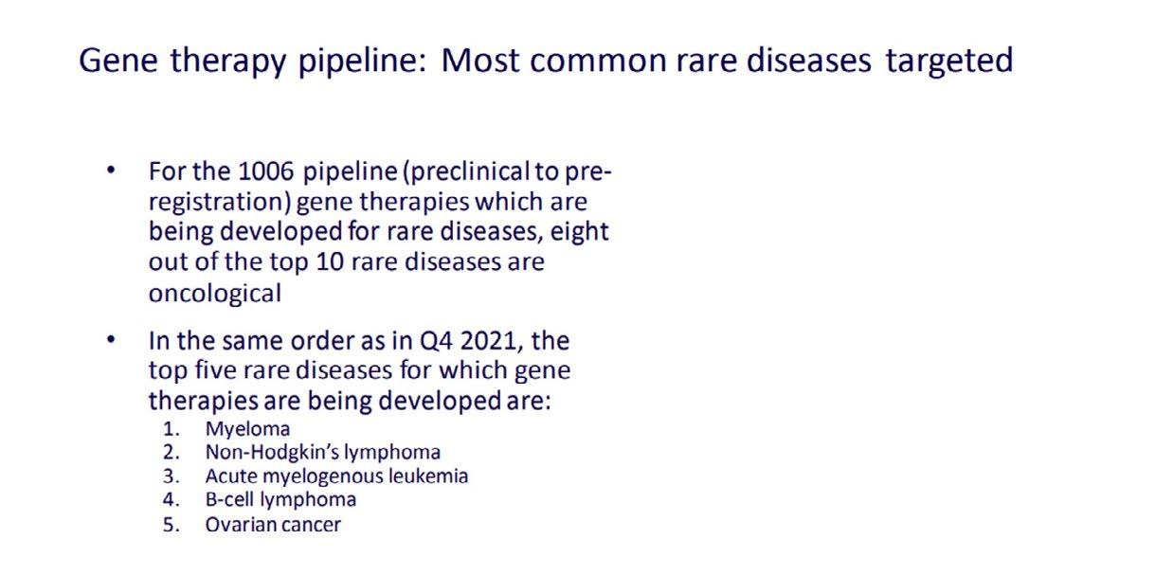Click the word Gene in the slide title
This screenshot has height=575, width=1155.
pos(118,60)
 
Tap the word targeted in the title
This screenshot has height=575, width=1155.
pos(949,62)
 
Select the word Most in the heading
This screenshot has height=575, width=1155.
pos(480,60)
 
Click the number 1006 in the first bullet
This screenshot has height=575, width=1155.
pos(265,171)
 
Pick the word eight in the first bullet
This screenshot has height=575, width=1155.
pos(579,232)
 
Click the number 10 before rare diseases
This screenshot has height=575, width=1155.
pos(330,262)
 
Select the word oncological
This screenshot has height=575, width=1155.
pos(215,294)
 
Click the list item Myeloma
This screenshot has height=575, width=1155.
pos(247,429)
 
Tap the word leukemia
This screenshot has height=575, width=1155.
pos(428,476)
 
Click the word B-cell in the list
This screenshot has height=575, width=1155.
pos(229,499)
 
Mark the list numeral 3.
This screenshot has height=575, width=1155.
pos(171,476)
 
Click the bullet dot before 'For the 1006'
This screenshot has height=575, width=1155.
pos(111,171)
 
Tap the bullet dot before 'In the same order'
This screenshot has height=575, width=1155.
pos(111,340)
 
